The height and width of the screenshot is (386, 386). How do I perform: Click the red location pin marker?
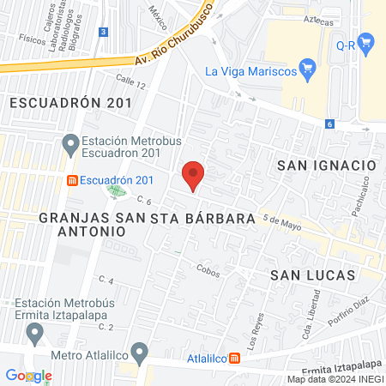[194, 175]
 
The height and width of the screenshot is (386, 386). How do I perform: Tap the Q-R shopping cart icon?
[365, 41]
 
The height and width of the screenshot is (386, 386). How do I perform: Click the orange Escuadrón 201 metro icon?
[73, 180]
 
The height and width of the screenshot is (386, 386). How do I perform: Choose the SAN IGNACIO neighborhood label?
[327, 164]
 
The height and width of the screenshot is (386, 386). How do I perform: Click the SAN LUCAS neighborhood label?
[312, 274]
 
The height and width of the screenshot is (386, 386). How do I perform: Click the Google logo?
[28, 376]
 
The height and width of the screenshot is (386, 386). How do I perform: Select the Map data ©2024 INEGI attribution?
[335, 379]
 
